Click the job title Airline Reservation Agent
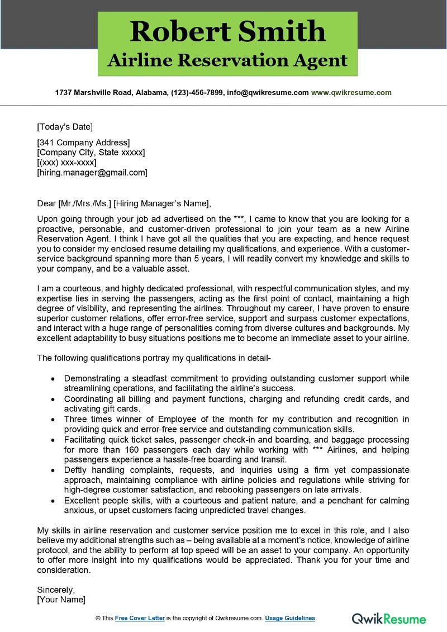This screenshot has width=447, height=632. [227, 60]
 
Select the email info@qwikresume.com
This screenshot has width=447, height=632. [268, 93]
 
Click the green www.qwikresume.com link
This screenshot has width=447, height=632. [351, 93]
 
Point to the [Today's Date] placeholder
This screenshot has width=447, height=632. [65, 126]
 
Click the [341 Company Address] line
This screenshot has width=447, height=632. [83, 142]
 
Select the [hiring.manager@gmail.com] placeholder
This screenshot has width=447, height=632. [92, 173]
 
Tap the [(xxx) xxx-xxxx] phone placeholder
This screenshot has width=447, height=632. [66, 163]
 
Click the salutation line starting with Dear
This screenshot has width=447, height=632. [125, 203]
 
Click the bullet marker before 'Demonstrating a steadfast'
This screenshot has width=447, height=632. [53, 378]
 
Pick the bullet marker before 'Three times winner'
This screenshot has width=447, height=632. [53, 419]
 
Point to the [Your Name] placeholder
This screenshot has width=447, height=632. [61, 599]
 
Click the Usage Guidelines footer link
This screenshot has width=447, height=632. [290, 618]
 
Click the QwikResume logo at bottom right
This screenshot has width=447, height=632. [389, 618]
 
